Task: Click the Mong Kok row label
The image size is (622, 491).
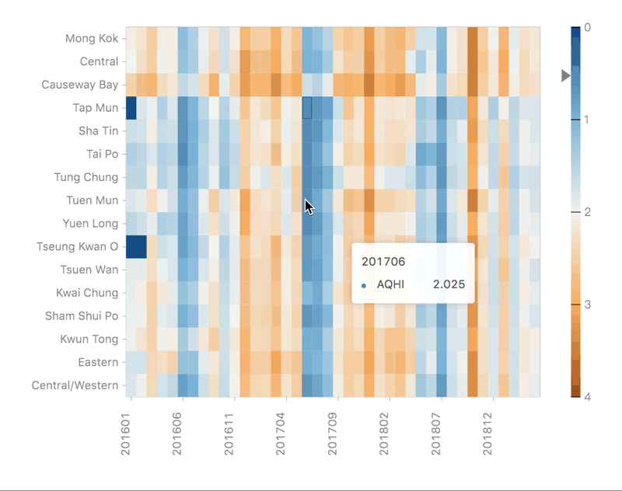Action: (92, 38)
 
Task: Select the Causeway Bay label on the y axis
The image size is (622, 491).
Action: (80, 85)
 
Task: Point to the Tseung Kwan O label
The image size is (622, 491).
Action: (78, 247)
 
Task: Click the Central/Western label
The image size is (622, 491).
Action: (75, 385)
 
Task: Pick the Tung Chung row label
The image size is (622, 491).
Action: (86, 177)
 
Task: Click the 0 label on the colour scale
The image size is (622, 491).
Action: (587, 27)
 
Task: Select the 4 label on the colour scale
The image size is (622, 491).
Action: (587, 397)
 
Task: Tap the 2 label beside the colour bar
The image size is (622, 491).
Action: (587, 212)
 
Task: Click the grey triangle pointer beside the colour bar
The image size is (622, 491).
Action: (566, 75)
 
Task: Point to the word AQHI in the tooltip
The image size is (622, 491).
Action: (390, 285)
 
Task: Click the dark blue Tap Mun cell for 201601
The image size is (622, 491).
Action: (131, 108)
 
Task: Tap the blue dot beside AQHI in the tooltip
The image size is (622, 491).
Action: (364, 286)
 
